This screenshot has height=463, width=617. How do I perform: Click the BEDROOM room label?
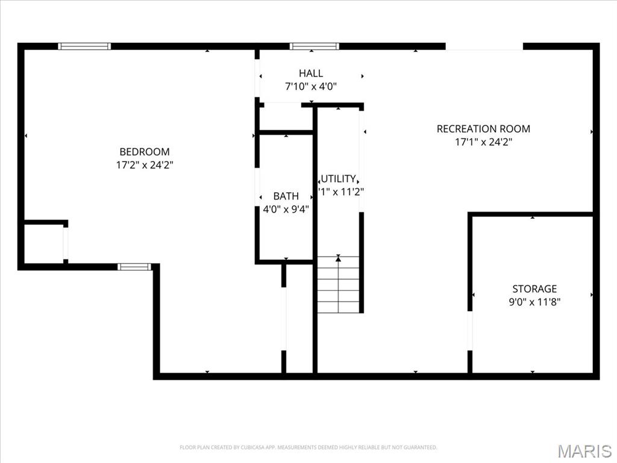[x=145, y=152]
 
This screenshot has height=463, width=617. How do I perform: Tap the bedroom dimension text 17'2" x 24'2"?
[x=145, y=164]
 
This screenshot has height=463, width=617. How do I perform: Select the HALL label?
[x=310, y=74]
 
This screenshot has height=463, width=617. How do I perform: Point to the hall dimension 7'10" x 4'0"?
[x=310, y=86]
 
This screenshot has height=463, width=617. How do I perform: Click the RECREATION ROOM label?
[x=483, y=128]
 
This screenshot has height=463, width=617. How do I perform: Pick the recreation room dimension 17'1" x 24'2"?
[x=483, y=142]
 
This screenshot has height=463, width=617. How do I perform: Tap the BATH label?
[x=286, y=196]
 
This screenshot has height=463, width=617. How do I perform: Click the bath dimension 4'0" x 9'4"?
[x=286, y=209]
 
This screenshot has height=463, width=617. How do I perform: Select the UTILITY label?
[x=339, y=178]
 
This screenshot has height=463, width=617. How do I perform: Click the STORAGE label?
[x=534, y=289]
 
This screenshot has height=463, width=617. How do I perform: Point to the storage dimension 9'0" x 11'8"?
[x=534, y=302]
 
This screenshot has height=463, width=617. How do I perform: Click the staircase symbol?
[x=338, y=285]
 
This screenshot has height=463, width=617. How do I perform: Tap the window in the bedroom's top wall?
[x=84, y=46]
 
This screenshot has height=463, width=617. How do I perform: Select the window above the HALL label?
[x=314, y=46]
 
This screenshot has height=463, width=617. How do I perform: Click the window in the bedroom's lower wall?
[x=134, y=266]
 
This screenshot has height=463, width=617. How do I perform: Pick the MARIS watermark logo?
[x=584, y=450]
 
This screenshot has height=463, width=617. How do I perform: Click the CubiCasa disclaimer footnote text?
[x=308, y=447]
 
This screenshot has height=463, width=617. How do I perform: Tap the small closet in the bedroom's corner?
[x=43, y=244]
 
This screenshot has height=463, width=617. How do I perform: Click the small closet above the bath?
[x=284, y=117]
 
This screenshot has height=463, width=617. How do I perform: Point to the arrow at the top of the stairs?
[x=338, y=258]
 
